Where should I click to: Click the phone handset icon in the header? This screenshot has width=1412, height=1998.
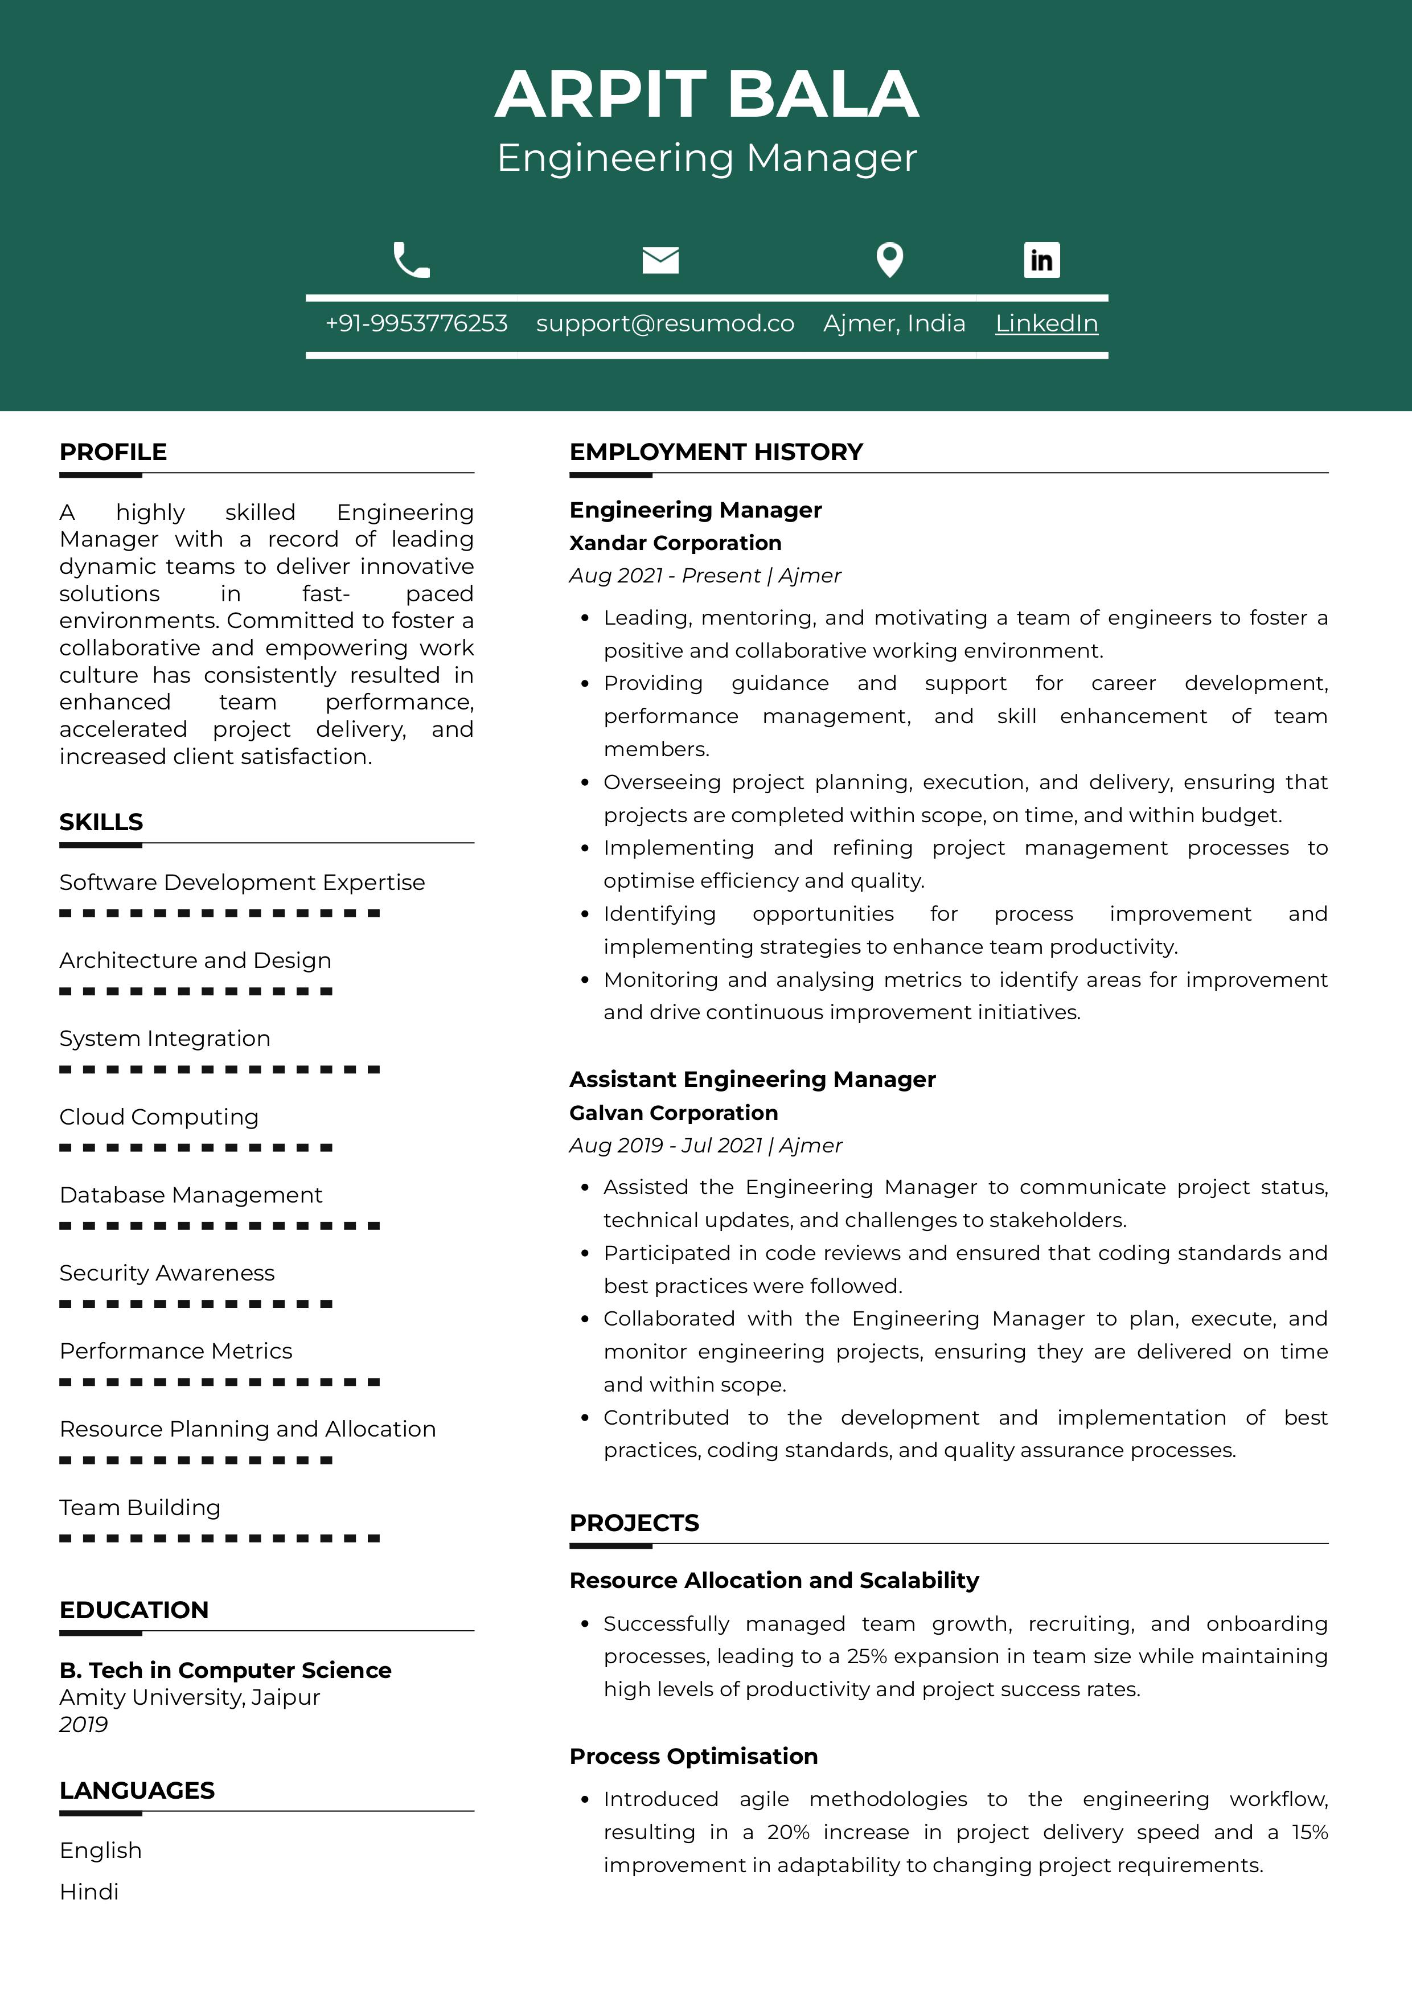pyautogui.click(x=412, y=259)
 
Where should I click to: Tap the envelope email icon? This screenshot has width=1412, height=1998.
pyautogui.click(x=660, y=259)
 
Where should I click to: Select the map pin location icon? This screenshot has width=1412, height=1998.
pyautogui.click(x=889, y=259)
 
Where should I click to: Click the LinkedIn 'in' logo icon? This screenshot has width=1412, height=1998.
pyautogui.click(x=1041, y=259)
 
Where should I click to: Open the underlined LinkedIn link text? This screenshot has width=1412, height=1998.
pyautogui.click(x=1046, y=324)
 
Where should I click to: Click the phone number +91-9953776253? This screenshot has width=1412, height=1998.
pyautogui.click(x=416, y=324)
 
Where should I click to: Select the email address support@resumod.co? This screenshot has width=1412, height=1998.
pyautogui.click(x=664, y=324)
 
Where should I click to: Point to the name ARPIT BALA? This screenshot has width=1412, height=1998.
pyautogui.click(x=707, y=94)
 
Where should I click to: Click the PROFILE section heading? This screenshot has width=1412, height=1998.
pyautogui.click(x=113, y=452)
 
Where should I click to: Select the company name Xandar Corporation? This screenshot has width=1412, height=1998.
pyautogui.click(x=675, y=543)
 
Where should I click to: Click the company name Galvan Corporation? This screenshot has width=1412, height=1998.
pyautogui.click(x=674, y=1113)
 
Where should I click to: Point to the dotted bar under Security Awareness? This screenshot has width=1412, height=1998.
pyautogui.click(x=196, y=1303)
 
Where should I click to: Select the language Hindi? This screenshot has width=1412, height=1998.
pyautogui.click(x=89, y=1892)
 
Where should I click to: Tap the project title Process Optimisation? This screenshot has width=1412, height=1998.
pyautogui.click(x=693, y=1756)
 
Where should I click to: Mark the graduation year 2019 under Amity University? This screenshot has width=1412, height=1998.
pyautogui.click(x=84, y=1725)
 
